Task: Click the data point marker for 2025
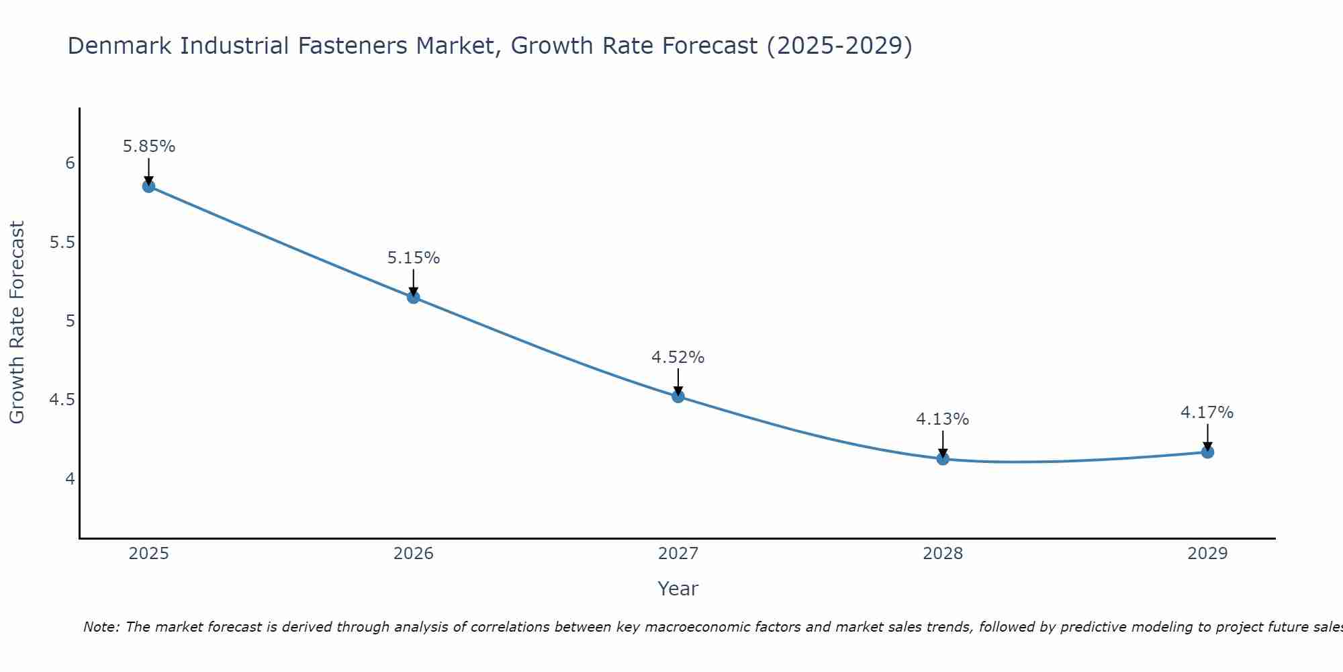(x=148, y=186)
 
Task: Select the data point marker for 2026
(x=414, y=297)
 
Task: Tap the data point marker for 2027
(x=678, y=396)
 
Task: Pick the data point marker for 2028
(x=943, y=459)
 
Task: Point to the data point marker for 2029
(x=1207, y=452)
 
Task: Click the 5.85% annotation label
(x=149, y=146)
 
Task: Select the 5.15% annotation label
(x=414, y=258)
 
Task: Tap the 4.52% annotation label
(x=678, y=358)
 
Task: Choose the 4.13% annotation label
(x=943, y=419)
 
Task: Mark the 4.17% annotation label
(x=1207, y=413)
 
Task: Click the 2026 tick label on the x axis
(x=414, y=554)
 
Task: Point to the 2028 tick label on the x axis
(x=943, y=554)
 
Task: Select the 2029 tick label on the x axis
(x=1207, y=554)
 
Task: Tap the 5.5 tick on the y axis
(x=62, y=243)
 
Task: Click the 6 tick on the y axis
(x=70, y=163)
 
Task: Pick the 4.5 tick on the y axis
(x=62, y=401)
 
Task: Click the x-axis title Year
(x=678, y=589)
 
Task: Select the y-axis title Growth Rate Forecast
(x=17, y=323)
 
